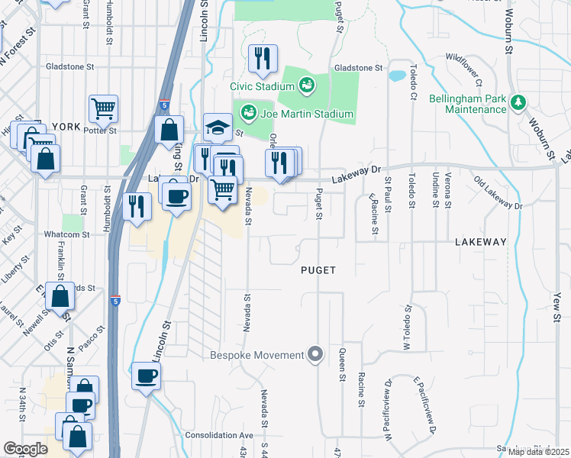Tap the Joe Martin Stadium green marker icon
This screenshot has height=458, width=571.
point(249,114)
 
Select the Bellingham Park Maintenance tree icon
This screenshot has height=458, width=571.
point(519,102)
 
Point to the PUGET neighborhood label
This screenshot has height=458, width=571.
point(318,270)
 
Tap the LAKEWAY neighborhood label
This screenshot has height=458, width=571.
point(480,242)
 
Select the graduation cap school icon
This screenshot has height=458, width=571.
point(218,127)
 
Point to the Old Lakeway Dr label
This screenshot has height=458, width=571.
point(498,194)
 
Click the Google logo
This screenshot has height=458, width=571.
point(25,448)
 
